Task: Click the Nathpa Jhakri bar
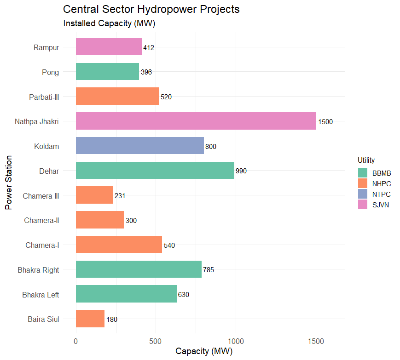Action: pyautogui.click(x=196, y=121)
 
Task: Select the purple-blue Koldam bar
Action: pyautogui.click(x=139, y=146)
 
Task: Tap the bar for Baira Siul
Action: pyautogui.click(x=90, y=319)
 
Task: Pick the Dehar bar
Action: pyautogui.click(x=155, y=171)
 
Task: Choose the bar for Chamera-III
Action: pyautogui.click(x=94, y=195)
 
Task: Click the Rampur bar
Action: pyautogui.click(x=109, y=46)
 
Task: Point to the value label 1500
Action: pyautogui.click(x=325, y=122)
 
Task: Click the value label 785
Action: pyautogui.click(x=209, y=270)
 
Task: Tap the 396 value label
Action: pyautogui.click(x=146, y=72)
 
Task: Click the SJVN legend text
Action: pyautogui.click(x=381, y=205)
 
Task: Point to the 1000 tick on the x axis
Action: pyautogui.click(x=236, y=341)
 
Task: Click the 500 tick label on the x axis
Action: pyautogui.click(x=156, y=341)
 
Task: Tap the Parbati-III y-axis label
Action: pyautogui.click(x=44, y=97)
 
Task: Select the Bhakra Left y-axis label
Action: pyautogui.click(x=41, y=294)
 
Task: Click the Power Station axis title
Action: pyautogui.click(x=8, y=183)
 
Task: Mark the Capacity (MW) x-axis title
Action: pyautogui.click(x=204, y=352)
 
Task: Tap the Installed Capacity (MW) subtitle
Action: pyautogui.click(x=109, y=23)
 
